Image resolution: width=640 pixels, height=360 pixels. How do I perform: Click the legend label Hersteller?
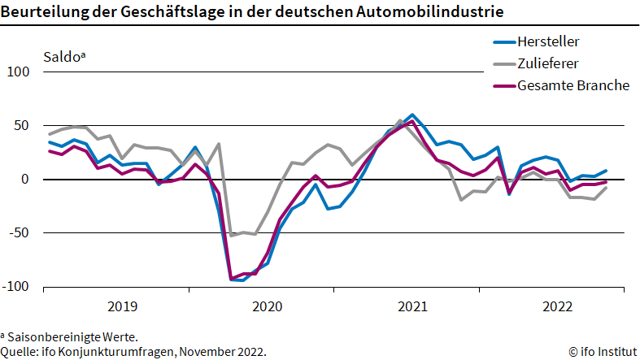point(549,41)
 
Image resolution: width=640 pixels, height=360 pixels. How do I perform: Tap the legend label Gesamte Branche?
point(573,85)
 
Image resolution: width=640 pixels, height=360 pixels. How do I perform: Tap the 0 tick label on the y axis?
point(25,179)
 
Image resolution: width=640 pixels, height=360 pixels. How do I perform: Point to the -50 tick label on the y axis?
point(20,232)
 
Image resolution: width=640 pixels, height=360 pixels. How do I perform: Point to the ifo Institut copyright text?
point(602,351)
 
